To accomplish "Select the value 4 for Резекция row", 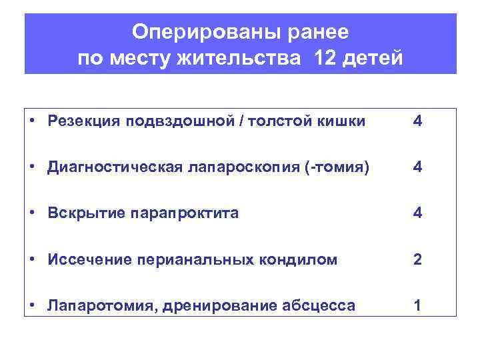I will tap(417, 121).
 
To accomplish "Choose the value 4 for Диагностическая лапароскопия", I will tap(417, 167).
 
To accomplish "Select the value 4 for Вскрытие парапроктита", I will tap(417, 213).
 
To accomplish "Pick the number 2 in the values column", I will tap(417, 259).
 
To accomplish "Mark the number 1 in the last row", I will tap(417, 306).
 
